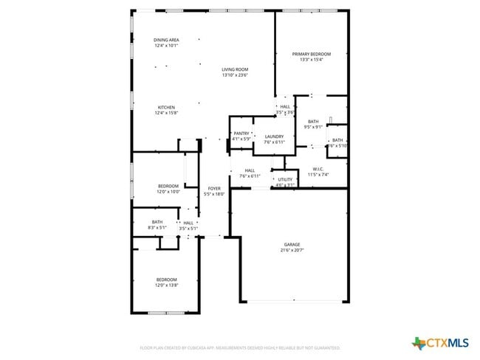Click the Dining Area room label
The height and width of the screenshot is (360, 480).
(x=166, y=40)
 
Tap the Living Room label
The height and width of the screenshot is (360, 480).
(x=235, y=69)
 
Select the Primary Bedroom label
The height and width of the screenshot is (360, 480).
(x=311, y=54)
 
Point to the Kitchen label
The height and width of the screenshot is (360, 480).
(x=165, y=108)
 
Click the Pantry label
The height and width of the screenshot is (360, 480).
(x=241, y=134)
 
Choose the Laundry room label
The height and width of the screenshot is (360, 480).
(x=274, y=136)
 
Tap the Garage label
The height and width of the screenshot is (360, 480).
(x=292, y=244)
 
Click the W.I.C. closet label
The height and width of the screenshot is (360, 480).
(x=319, y=169)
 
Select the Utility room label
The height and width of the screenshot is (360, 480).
(x=284, y=179)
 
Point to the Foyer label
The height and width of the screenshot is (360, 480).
(x=214, y=189)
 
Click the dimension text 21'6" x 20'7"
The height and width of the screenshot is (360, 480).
(x=292, y=251)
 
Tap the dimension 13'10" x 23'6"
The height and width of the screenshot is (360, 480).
(x=235, y=75)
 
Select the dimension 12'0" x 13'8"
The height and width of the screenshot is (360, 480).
(x=166, y=285)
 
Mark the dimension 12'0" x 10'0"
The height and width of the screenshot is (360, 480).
(x=168, y=192)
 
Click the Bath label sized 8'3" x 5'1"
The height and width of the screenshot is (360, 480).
(x=157, y=222)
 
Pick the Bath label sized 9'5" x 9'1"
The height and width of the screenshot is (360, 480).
(x=313, y=122)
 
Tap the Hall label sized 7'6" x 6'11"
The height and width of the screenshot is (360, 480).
(x=250, y=170)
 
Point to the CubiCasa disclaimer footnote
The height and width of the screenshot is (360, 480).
(x=239, y=347)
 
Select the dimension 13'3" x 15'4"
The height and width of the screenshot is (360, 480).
(x=311, y=60)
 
